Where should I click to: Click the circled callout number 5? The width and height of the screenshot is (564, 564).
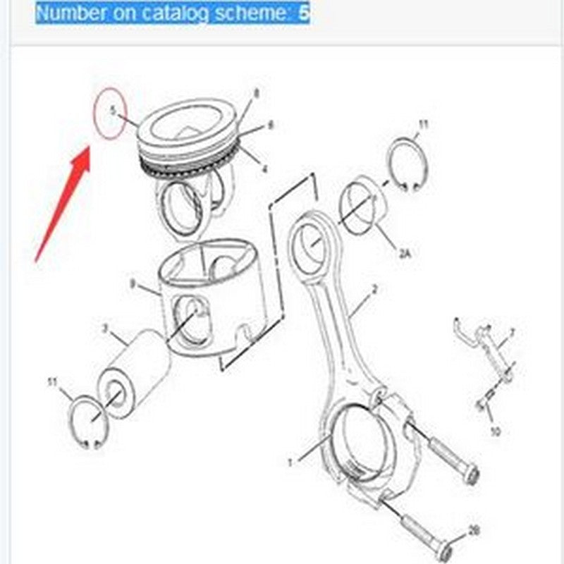coord(111,111)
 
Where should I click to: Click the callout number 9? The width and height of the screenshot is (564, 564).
coord(132,283)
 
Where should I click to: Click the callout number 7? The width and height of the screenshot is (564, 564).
coord(513,331)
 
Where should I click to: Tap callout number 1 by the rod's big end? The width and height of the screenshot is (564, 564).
coord(289,462)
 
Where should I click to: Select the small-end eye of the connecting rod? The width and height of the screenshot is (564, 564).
coord(310,243)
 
